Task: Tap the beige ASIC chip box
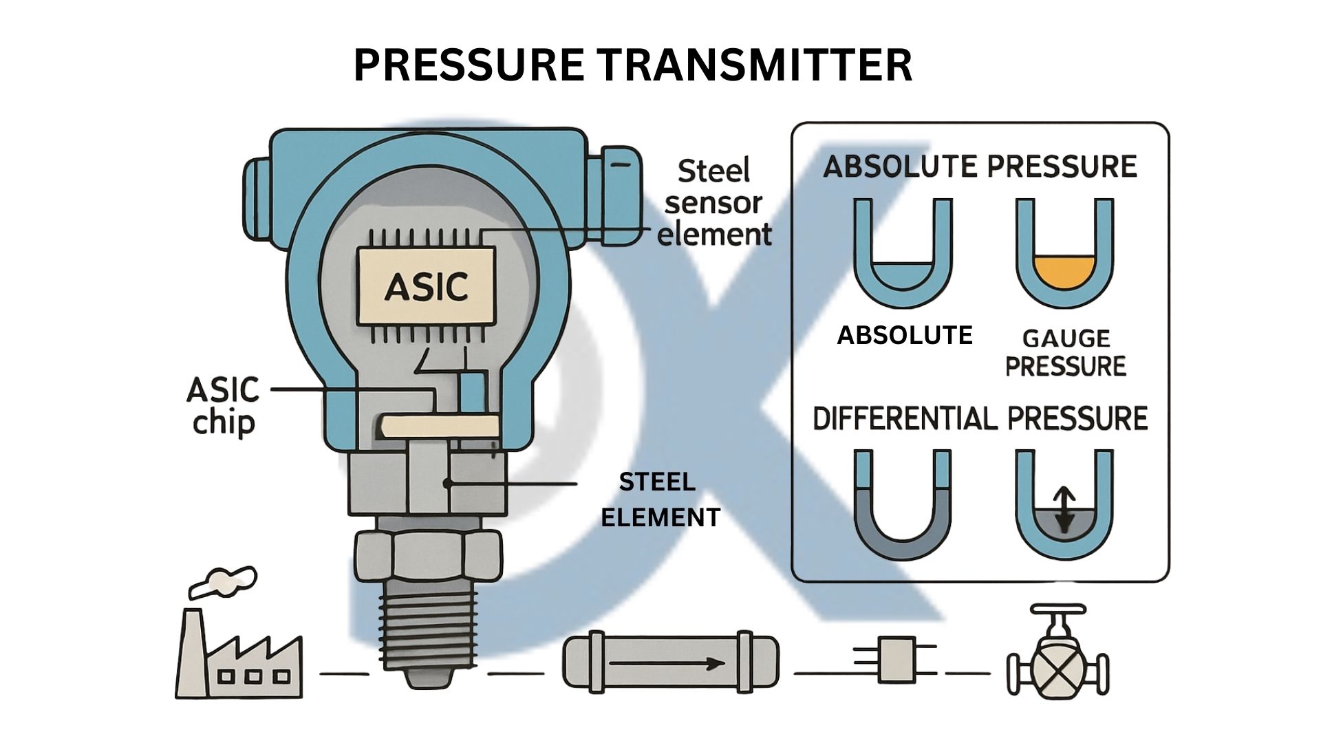click(426, 286)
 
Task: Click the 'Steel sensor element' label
click(714, 203)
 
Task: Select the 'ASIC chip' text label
click(223, 406)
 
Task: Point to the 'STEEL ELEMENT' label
click(660, 499)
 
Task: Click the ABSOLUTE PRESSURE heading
click(980, 167)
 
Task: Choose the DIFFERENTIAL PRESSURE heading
click(980, 418)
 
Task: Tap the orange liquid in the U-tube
click(1064, 272)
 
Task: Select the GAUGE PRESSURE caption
click(1065, 352)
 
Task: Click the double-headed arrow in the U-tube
click(1064, 510)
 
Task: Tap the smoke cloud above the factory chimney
click(222, 580)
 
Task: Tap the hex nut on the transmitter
click(427, 557)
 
